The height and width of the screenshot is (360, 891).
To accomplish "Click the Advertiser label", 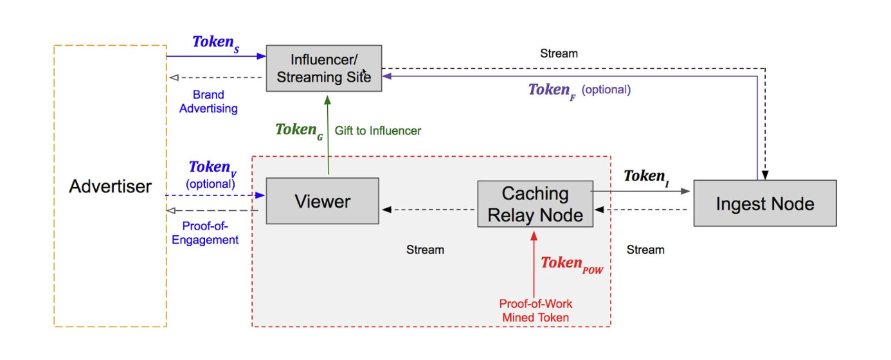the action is click(110, 186).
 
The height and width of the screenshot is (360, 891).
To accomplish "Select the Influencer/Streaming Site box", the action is click(324, 68).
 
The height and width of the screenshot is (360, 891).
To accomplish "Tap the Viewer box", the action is click(322, 201).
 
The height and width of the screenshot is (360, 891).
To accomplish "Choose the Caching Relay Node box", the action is click(535, 204).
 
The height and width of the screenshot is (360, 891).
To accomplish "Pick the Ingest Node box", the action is click(765, 203).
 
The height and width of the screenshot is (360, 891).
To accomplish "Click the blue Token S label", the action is click(216, 43).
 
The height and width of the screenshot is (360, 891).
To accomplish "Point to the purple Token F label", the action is click(552, 91).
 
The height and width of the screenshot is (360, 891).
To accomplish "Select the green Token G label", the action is click(299, 131).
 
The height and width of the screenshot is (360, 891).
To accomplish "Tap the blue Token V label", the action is click(212, 168).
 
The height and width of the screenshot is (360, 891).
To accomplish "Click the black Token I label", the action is click(646, 177).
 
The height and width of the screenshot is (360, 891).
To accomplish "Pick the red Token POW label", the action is click(572, 264).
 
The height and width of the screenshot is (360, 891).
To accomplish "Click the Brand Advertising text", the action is click(208, 102).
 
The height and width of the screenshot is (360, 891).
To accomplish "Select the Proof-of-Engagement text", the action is click(205, 233).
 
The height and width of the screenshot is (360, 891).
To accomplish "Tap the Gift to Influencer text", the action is click(377, 130).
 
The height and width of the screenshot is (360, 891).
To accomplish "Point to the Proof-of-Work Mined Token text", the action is click(535, 310).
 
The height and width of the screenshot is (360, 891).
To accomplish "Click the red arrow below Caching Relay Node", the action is click(534, 264).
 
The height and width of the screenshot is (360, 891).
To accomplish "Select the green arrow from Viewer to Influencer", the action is click(328, 135).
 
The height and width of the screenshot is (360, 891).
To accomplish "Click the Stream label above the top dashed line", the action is click(559, 53).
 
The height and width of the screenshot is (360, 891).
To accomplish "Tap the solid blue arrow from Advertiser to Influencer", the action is click(216, 56).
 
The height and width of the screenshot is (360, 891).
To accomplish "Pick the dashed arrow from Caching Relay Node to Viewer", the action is click(428, 209).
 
